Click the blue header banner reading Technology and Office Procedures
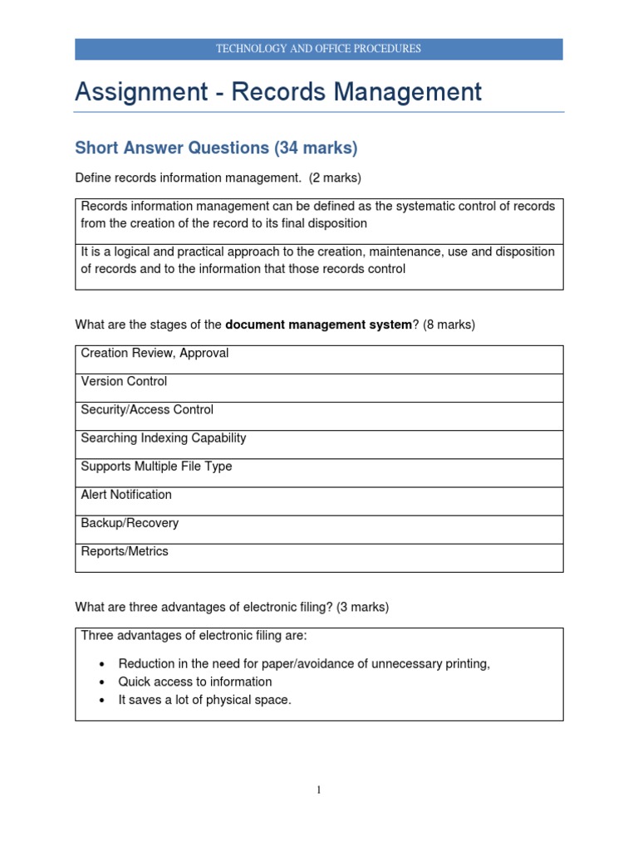point(319,49)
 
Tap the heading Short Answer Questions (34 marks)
point(216,149)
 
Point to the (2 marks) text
point(335,178)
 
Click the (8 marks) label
point(449,325)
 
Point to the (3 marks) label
point(362,607)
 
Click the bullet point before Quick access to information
point(101,682)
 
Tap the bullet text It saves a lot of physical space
point(205,700)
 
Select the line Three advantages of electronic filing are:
point(194,636)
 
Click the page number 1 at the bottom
point(319,790)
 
